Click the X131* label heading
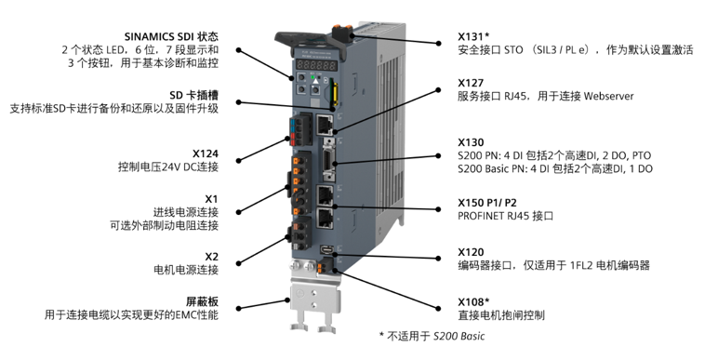pos(473,36)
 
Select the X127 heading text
pos(471,83)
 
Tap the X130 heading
pos(471,142)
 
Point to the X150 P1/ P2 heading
pos(487,203)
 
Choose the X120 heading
pos(471,252)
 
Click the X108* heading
pos(473,302)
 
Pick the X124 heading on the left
pos(206,153)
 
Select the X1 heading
pos(211,199)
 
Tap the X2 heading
pos(211,257)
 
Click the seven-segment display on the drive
pos(316,64)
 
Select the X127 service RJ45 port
pos(325,124)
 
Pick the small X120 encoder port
pos(327,249)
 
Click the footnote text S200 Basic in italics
pos(459,336)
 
